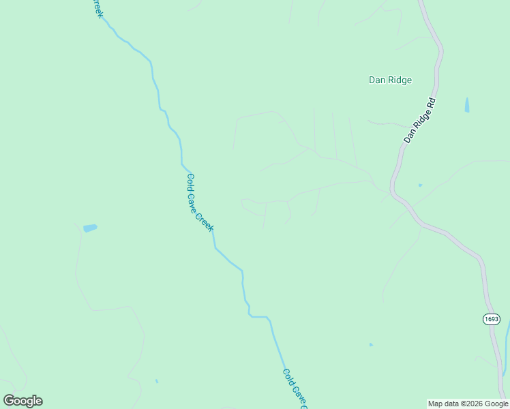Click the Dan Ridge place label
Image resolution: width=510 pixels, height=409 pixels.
[390, 80]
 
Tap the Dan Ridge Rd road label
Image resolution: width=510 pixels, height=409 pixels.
[419, 120]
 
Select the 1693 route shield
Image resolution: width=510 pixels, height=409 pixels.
[492, 319]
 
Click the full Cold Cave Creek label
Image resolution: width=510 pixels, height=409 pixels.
[200, 202]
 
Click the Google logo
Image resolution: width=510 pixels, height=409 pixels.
[22, 401]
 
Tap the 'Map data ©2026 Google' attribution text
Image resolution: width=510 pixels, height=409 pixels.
[468, 404]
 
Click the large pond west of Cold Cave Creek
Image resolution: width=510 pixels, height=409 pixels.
[90, 228]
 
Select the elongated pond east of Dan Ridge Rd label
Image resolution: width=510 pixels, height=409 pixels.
[466, 105]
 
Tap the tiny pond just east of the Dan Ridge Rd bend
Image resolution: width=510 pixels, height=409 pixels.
[420, 185]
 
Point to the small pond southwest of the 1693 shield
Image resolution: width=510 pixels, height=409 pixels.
[371, 345]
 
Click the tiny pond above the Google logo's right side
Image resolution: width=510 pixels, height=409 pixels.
[157, 381]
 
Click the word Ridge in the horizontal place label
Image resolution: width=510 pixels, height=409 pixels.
[400, 80]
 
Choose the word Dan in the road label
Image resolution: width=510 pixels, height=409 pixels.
[409, 136]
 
